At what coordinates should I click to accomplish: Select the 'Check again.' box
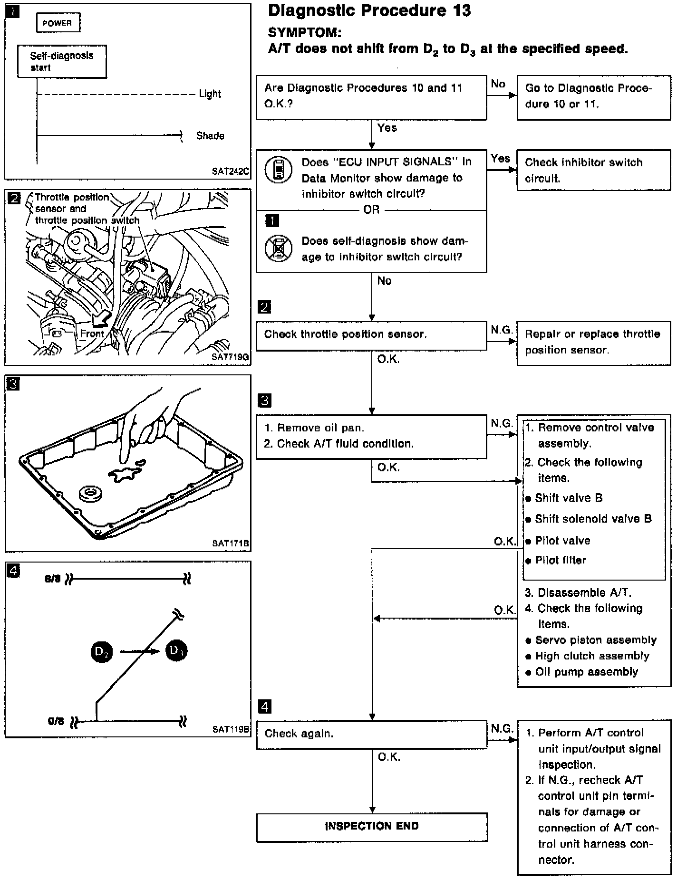(x=371, y=734)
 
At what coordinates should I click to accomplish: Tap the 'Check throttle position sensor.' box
(x=371, y=335)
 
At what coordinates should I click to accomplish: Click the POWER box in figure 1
(x=58, y=23)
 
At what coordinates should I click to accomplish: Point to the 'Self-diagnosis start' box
(x=62, y=61)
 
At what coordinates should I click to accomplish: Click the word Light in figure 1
(x=210, y=94)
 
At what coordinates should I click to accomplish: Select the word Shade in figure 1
(x=210, y=136)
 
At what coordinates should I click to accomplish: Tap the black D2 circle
(x=102, y=652)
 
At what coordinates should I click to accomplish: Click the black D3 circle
(x=176, y=650)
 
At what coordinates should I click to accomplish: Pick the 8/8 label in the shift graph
(x=53, y=579)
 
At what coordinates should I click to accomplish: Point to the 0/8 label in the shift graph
(x=56, y=721)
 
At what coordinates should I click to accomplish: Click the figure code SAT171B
(x=231, y=543)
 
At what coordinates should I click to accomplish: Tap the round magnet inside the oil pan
(x=91, y=493)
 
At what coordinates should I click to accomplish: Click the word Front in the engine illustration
(x=92, y=334)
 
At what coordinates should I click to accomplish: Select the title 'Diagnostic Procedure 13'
(x=369, y=11)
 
